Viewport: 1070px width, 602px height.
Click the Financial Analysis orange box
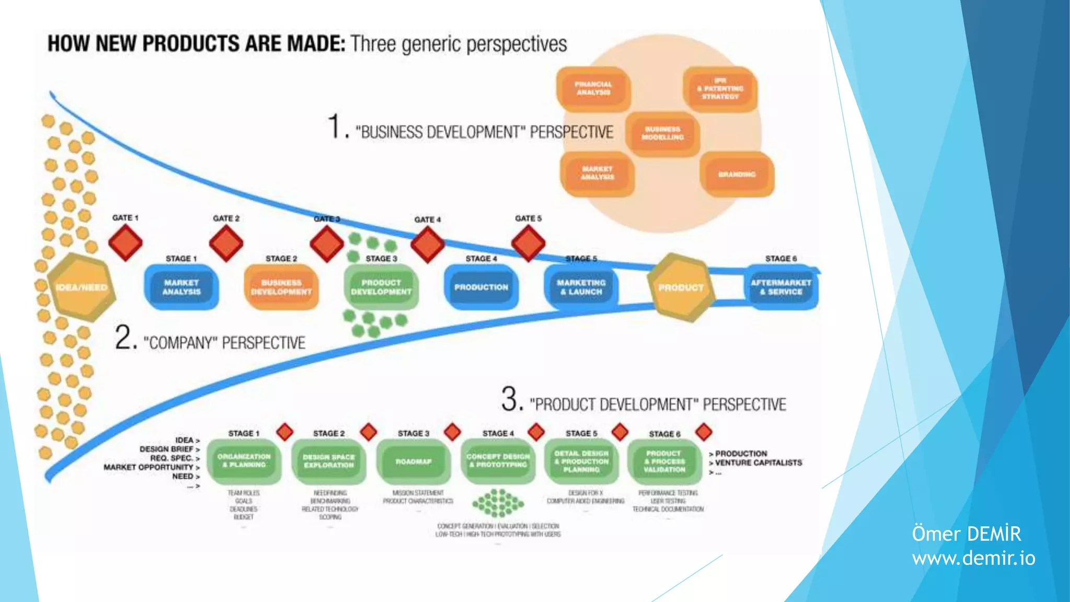tap(593, 88)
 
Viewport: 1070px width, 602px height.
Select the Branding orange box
tap(737, 174)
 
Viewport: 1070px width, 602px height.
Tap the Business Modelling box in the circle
tap(662, 133)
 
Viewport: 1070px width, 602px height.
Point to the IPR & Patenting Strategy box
tap(720, 89)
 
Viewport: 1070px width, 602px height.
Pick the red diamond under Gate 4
tap(427, 244)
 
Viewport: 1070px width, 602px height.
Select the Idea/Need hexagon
tap(81, 287)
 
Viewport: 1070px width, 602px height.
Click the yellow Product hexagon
tap(680, 287)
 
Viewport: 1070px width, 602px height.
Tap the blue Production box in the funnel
tap(481, 287)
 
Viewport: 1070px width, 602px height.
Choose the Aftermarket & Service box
tap(781, 287)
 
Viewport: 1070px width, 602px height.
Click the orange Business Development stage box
tap(281, 287)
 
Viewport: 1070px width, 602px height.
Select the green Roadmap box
tap(413, 461)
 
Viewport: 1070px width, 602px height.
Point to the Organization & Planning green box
tap(244, 460)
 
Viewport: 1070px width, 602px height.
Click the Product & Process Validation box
tap(664, 461)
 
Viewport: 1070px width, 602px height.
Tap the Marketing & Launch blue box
tap(581, 287)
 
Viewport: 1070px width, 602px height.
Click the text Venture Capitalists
tap(758, 463)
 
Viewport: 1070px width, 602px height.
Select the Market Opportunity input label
tap(148, 467)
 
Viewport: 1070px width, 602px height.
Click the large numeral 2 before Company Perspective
tap(125, 338)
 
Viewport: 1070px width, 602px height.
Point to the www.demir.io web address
tap(973, 558)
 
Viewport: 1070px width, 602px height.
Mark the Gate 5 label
tap(528, 218)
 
